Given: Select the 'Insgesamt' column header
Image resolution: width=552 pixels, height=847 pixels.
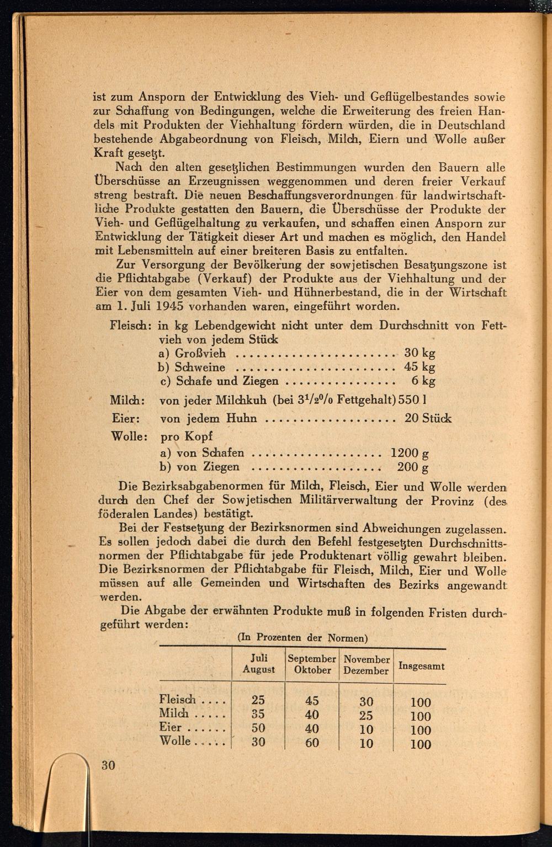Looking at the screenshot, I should (x=421, y=666).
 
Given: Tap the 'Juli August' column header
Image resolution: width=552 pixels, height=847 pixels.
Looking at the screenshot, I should (x=258, y=664).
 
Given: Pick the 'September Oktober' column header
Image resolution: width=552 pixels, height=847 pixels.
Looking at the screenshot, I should (x=312, y=664).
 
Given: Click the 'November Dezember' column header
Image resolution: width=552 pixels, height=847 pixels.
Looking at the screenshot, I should (x=366, y=665).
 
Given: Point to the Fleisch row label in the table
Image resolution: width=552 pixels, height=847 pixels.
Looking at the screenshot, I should (x=177, y=700).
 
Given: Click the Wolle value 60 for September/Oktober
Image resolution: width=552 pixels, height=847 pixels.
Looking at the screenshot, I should (x=312, y=743).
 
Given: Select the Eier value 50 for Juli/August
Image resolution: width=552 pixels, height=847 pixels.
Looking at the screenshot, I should (x=258, y=728).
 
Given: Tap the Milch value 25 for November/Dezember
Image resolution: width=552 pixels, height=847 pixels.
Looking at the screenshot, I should (x=366, y=716).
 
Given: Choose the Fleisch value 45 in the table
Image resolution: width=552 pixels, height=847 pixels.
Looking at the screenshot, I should (x=312, y=701).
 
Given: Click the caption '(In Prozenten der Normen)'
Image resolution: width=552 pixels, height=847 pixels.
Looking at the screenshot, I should (x=302, y=638).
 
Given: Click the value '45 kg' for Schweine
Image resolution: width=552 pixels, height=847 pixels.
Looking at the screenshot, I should (x=420, y=367).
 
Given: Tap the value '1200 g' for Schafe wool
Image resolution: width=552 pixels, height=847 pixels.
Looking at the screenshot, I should (x=410, y=454).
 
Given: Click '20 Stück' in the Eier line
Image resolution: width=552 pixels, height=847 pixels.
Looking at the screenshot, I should (x=428, y=418).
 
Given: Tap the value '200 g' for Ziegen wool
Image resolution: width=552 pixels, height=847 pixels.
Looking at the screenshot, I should (x=413, y=467).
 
